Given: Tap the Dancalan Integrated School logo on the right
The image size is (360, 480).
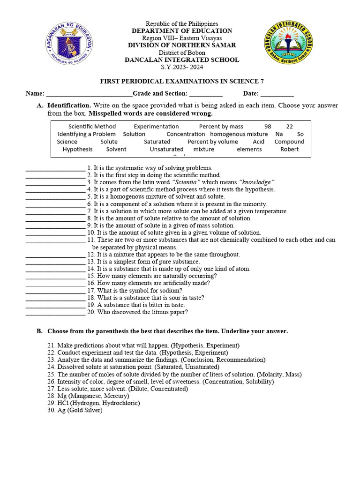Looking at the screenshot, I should coord(288,44).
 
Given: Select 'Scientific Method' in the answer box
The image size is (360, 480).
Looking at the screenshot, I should coord(92,127).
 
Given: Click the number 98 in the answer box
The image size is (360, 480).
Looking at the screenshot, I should coord(268,127).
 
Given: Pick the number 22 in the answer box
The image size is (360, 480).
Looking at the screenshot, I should coord(290,127).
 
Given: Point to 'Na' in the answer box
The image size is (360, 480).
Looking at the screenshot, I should coord(279,134).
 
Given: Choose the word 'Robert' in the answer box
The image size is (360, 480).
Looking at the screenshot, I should coord(289,149).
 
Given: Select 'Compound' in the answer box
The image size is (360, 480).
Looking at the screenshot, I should coord(289,142).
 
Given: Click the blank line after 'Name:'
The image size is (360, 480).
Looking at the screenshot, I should coord(89,94).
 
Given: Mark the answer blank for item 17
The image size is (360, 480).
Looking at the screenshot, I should coord(55,291).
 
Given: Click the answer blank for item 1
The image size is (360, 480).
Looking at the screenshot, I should coord(55,168).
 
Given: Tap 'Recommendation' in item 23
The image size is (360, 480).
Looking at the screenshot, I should coord(241,360).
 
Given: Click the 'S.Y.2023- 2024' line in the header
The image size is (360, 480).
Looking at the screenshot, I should coord(182,67).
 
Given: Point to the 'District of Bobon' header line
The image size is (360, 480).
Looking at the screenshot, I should coord(182,52).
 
